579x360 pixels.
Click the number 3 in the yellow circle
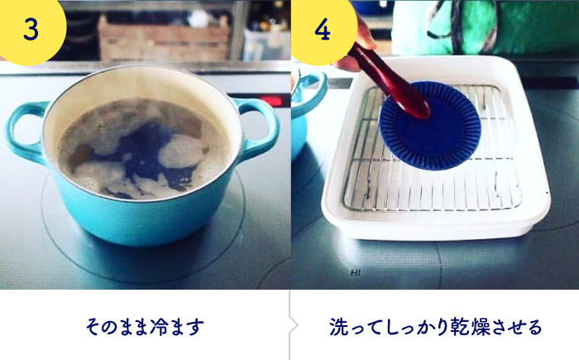coord(31,29)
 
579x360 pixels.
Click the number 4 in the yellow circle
coord(323,29)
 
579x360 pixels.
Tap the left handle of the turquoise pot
coord(25,132)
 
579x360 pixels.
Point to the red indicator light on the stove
coord(271,101)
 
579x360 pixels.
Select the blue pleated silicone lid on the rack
coord(430,126)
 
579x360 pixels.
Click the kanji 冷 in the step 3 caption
coord(159,327)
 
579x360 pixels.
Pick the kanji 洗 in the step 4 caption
coord(338,327)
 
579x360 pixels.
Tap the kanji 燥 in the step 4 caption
coord(480,327)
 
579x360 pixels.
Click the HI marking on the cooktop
coord(355,273)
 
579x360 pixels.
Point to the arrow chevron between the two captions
coord(294,325)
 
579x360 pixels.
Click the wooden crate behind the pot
coord(164,38)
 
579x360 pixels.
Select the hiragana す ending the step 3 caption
coord(195,327)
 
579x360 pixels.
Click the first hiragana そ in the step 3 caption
coord(94,327)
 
